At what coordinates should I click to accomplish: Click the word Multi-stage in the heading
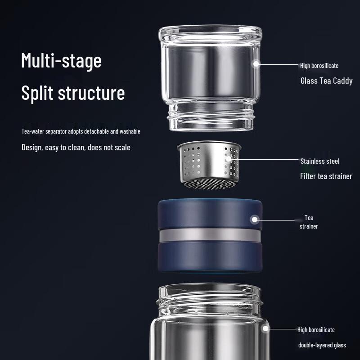61,61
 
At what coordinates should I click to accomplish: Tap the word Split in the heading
37,93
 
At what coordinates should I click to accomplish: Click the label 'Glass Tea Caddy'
327,81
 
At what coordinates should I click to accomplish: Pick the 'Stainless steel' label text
320,161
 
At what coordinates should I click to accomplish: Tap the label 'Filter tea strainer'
326,176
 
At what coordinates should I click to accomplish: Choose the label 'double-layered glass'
322,345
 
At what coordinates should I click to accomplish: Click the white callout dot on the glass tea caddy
256,64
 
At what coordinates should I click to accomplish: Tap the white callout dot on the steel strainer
229,159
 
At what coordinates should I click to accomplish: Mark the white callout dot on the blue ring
254,220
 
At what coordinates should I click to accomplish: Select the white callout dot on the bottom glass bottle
265,328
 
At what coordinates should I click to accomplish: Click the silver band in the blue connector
210,235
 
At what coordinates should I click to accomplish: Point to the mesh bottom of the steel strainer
210,184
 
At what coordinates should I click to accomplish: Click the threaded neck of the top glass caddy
211,117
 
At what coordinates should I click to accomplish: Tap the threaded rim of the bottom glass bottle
209,298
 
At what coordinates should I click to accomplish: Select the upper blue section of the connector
210,213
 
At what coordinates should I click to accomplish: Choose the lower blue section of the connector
210,256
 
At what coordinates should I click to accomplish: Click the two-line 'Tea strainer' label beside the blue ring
309,222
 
